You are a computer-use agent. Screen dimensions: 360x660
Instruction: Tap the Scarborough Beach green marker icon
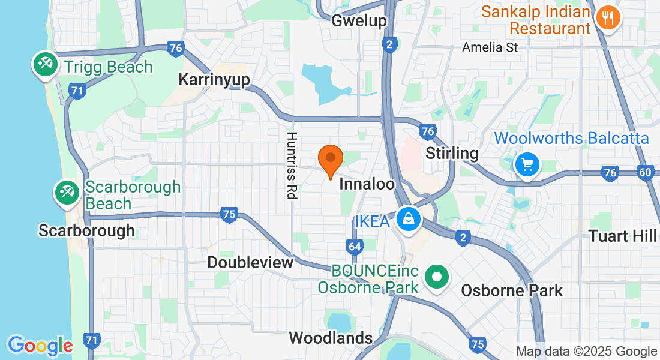(x=66, y=193)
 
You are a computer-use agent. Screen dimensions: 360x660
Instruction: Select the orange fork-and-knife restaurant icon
(x=608, y=17)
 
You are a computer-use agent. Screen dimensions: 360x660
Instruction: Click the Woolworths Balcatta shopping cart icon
(x=527, y=163)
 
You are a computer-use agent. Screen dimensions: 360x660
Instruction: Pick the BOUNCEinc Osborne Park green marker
(x=437, y=277)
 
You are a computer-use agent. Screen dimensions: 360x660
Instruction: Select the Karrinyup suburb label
(x=214, y=80)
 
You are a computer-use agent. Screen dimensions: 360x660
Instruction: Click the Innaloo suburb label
(x=367, y=184)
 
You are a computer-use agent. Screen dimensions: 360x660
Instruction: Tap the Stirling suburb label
(x=452, y=153)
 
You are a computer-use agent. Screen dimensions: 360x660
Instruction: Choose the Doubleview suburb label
(x=250, y=262)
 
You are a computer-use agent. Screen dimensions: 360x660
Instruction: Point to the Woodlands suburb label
(x=331, y=338)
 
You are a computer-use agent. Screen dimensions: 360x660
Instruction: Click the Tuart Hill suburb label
(x=622, y=236)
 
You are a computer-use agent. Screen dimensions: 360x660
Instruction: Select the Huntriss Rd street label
(x=292, y=166)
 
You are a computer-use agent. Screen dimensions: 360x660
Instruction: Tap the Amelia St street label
(x=490, y=47)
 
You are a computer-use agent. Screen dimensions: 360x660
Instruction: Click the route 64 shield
(x=355, y=246)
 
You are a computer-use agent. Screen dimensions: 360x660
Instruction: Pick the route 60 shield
(x=646, y=173)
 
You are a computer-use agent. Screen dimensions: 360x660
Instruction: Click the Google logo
(x=40, y=346)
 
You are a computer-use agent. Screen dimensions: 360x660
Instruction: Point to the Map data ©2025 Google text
(x=587, y=352)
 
